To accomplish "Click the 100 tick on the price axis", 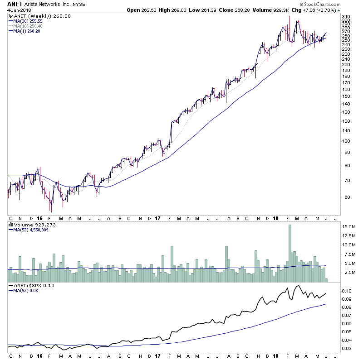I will point(346,141).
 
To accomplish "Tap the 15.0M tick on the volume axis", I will point(348,226).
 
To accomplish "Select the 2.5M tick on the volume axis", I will point(348,273).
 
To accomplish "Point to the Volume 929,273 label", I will point(32,224).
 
